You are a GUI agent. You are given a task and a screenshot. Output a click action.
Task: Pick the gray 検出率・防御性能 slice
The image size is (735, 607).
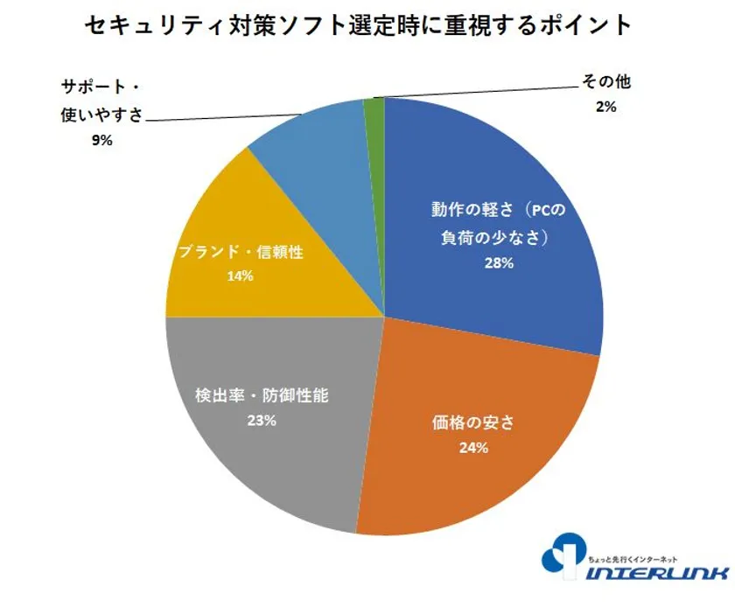(262, 455)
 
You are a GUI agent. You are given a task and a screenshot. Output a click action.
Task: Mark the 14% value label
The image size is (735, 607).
(239, 276)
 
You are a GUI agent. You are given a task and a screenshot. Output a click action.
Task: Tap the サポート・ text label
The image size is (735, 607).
(101, 87)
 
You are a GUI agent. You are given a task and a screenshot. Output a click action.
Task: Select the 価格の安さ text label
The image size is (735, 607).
(472, 423)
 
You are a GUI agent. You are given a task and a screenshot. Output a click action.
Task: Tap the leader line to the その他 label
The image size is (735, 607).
(472, 90)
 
